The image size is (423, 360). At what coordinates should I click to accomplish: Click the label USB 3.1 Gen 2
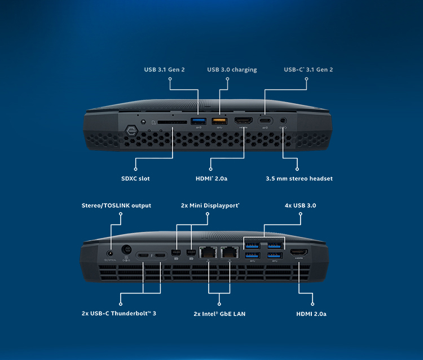(x=164, y=69)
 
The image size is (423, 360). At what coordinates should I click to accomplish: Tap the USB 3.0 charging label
(x=232, y=69)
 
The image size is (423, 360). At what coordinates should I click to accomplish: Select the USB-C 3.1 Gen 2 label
(x=309, y=69)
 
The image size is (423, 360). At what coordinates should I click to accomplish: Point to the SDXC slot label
(x=135, y=178)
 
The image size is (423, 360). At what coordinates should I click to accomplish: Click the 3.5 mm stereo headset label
(x=299, y=178)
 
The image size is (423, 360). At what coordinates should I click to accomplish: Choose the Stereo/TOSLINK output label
(x=116, y=205)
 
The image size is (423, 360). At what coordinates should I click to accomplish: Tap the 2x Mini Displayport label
(x=210, y=205)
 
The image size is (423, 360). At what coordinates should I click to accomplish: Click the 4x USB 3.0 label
(x=300, y=205)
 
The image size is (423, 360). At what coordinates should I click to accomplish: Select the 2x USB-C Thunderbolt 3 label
(x=118, y=313)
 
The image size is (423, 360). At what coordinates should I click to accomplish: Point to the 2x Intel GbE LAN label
(x=219, y=314)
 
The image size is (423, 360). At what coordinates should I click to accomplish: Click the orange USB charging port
(x=219, y=121)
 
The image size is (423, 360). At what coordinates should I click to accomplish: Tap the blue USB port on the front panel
(x=199, y=121)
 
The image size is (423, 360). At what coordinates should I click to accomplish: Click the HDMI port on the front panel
(x=243, y=120)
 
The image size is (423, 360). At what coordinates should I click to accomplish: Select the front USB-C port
(x=265, y=121)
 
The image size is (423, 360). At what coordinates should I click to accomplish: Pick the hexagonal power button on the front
(x=132, y=131)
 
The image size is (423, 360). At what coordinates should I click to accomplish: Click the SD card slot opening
(x=173, y=122)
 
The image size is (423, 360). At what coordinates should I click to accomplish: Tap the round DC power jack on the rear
(x=126, y=249)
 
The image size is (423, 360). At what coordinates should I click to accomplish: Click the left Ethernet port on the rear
(x=208, y=253)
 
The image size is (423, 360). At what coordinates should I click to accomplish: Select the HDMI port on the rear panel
(x=299, y=252)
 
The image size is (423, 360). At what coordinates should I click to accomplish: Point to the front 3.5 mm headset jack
(x=283, y=121)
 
